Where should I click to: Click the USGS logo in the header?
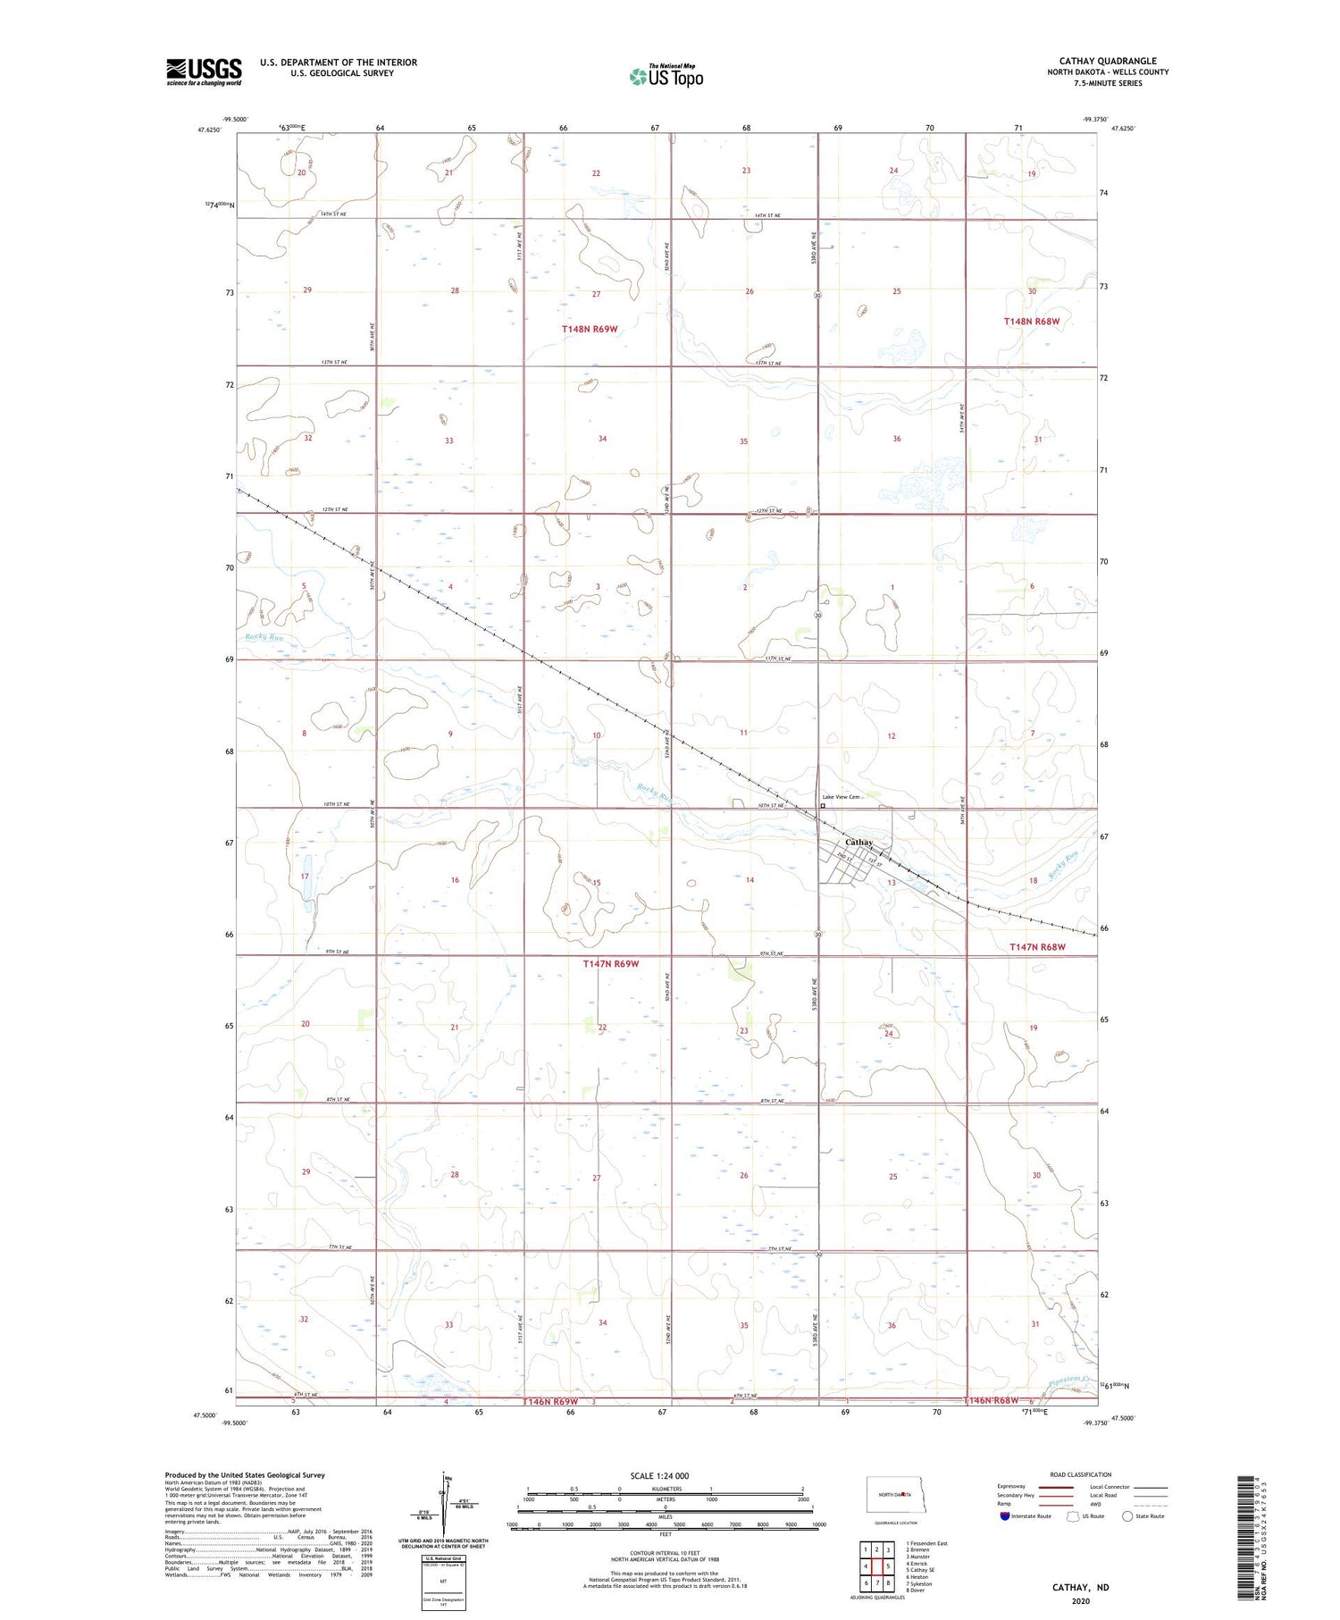point(204,71)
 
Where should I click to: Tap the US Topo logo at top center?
point(666,76)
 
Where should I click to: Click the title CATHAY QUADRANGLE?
point(1108,61)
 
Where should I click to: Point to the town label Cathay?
point(858,842)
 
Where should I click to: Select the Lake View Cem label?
point(841,797)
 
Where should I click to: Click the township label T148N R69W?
point(590,329)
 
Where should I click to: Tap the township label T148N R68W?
point(1032,321)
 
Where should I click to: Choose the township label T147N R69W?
point(611,963)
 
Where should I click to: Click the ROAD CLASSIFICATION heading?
point(1080,1474)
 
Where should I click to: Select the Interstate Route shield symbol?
point(1005,1516)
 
